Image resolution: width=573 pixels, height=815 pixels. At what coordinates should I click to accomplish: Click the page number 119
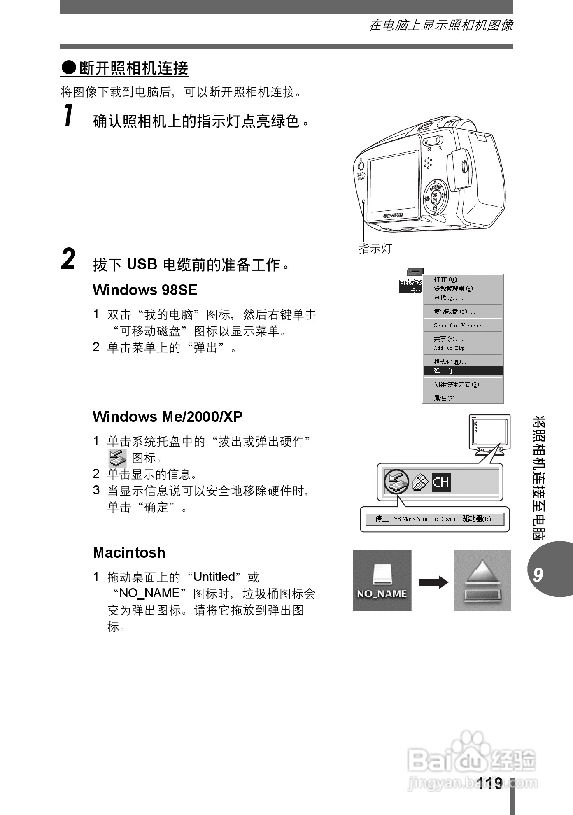click(490, 783)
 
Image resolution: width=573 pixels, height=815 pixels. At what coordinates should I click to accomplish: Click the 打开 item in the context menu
click(446, 279)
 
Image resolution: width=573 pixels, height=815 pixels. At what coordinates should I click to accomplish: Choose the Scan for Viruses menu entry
click(462, 325)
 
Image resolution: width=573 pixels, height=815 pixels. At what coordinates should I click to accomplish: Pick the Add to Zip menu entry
click(449, 348)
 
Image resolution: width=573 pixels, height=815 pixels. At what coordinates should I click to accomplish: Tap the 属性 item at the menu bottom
click(444, 398)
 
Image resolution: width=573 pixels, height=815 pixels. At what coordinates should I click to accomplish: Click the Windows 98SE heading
click(145, 290)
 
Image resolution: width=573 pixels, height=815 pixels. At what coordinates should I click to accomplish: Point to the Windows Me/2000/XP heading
click(168, 417)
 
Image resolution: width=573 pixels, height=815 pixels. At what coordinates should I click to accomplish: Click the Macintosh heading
click(129, 552)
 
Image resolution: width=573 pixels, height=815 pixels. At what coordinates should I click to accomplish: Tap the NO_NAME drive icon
click(382, 580)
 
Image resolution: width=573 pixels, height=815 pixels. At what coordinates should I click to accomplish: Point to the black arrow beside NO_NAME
click(433, 582)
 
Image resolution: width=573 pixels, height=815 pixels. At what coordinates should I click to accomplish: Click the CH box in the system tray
click(441, 482)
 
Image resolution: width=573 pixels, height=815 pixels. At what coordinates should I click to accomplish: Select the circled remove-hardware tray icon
click(396, 481)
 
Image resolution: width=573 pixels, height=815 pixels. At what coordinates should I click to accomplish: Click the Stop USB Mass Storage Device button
click(435, 519)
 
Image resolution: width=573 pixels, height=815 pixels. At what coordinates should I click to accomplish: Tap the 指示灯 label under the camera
click(375, 249)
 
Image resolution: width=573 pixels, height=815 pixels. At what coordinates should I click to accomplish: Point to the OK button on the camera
click(435, 196)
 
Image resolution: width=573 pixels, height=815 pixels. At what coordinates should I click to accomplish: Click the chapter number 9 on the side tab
click(538, 574)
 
